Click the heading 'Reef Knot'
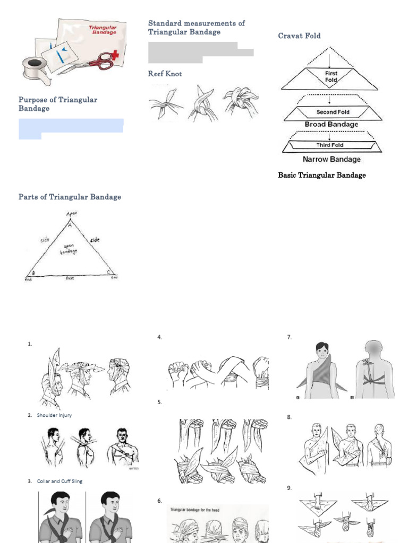point(165,74)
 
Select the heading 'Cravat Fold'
point(299,36)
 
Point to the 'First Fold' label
point(331,76)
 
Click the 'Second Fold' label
point(333,112)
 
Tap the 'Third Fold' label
point(330,145)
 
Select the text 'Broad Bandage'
point(331,125)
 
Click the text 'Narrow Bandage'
point(331,159)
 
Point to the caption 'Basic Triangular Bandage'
point(322,175)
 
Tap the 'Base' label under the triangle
point(70,278)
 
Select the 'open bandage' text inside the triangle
point(70,248)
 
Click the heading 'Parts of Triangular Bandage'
point(70,197)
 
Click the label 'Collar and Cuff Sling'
point(59,481)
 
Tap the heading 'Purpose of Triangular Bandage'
point(58,104)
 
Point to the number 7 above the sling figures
point(289,337)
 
